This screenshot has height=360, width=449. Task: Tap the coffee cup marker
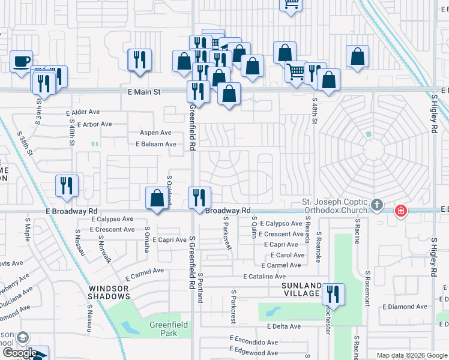[22, 61]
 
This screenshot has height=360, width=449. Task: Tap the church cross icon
[377, 206]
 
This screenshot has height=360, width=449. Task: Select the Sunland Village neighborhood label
[301, 289]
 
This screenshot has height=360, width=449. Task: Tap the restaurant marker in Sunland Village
[333, 295]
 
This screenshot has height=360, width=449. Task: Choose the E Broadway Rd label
[71, 211]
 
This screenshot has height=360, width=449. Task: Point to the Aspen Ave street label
[155, 133]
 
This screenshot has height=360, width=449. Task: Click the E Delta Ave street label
[284, 326]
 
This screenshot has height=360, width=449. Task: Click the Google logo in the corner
[19, 353]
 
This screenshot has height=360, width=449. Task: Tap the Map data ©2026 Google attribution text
[412, 355]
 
